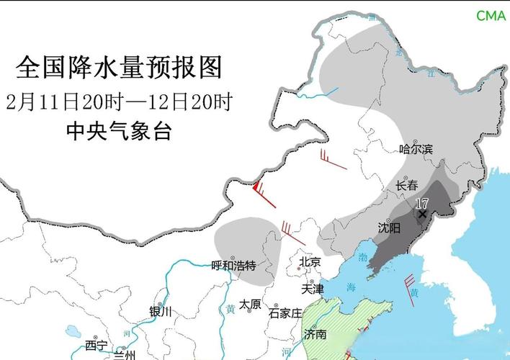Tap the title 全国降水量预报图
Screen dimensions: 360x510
(x=119, y=68)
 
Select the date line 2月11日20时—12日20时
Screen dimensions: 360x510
(x=119, y=101)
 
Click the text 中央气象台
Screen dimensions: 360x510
(x=119, y=131)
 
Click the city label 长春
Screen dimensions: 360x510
(x=407, y=186)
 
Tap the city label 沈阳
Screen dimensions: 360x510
(x=389, y=228)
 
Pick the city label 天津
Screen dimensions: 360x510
(x=313, y=289)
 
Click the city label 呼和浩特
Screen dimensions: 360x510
(x=233, y=266)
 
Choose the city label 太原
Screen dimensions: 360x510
(x=250, y=304)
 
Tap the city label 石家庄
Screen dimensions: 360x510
(x=285, y=312)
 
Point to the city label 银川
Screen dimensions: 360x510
(x=161, y=312)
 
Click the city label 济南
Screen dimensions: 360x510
(x=316, y=334)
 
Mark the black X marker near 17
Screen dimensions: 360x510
(x=422, y=214)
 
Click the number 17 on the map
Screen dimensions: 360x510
(x=422, y=204)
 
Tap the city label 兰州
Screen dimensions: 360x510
(x=124, y=355)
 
